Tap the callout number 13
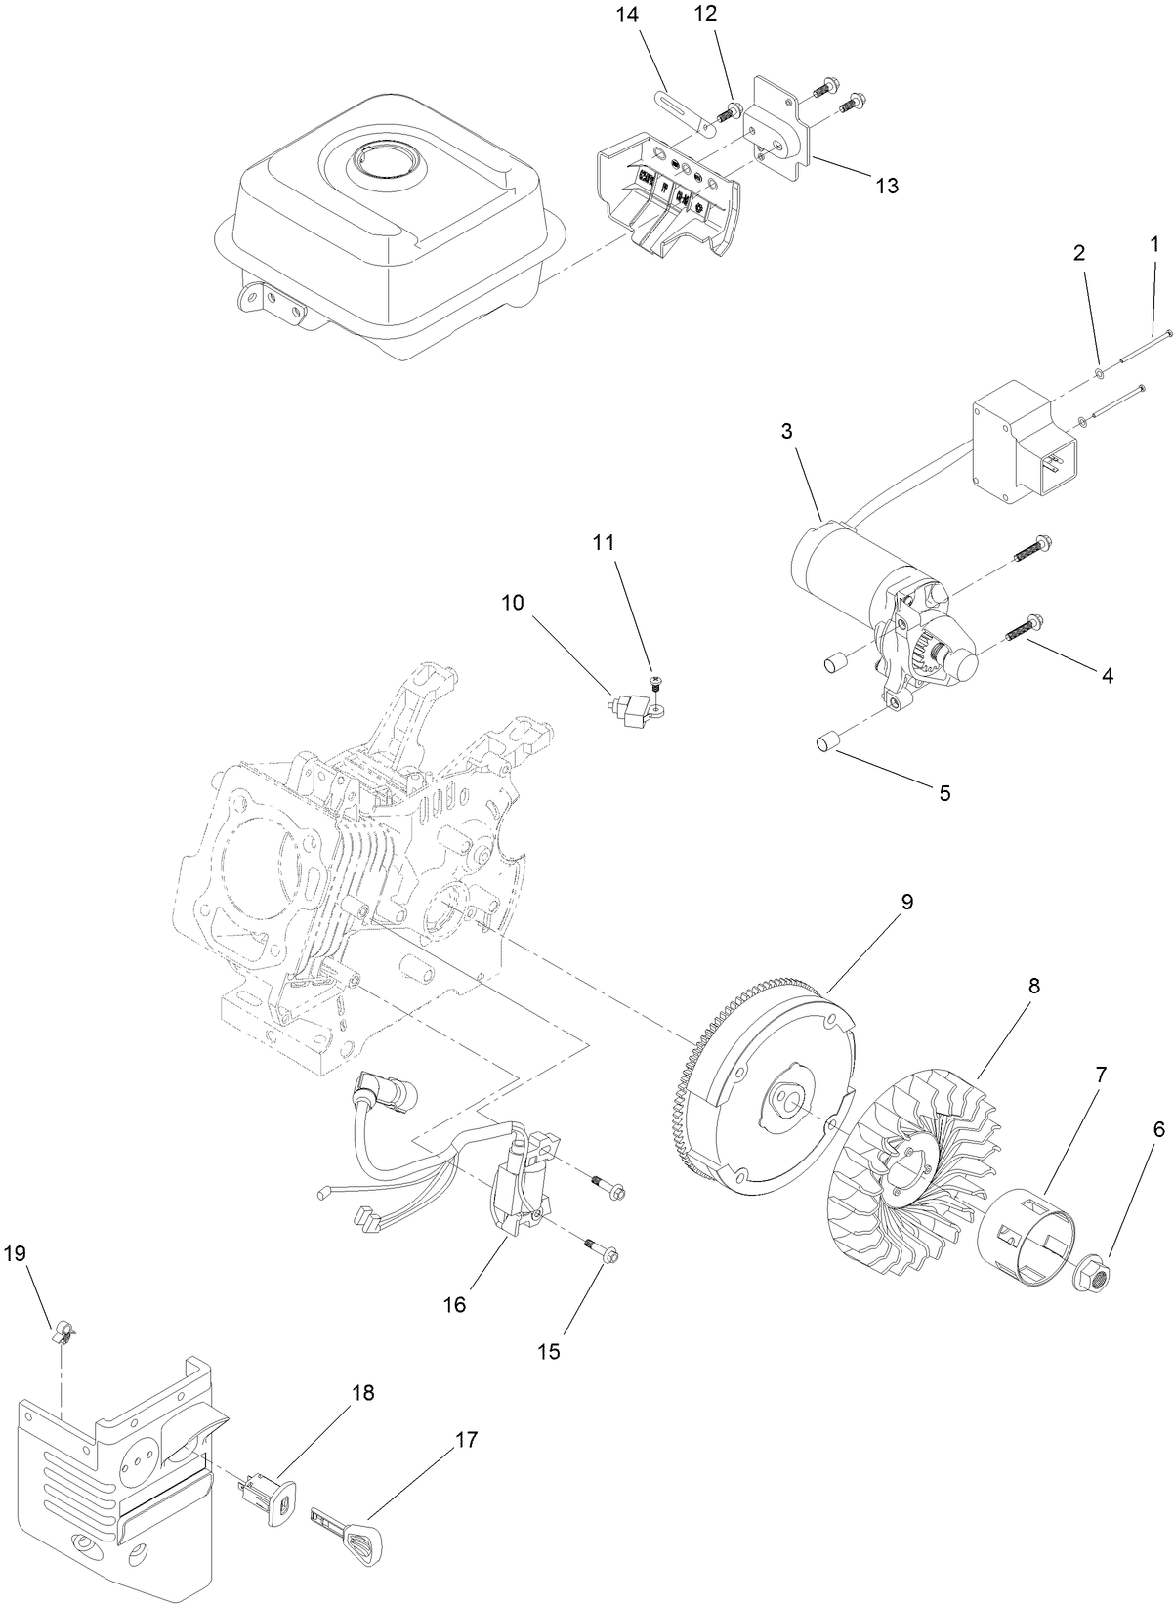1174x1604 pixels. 886,186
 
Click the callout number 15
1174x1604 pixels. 549,1351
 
